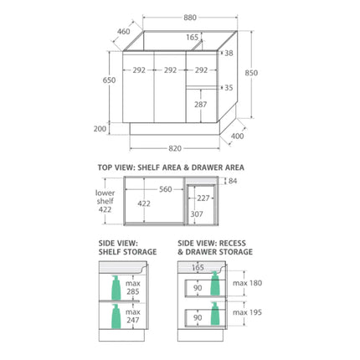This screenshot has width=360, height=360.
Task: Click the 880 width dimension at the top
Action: coord(190,18)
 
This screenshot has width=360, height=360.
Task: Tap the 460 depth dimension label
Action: coord(124,32)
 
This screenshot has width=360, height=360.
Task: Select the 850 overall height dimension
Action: coord(251,73)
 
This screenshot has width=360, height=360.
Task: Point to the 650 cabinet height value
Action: coord(109,80)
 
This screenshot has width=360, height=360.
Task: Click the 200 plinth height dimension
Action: coord(100,129)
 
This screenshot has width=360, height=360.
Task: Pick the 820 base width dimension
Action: coord(175,148)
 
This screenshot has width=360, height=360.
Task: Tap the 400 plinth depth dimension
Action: coord(238,136)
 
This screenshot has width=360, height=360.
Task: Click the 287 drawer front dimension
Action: coord(201,105)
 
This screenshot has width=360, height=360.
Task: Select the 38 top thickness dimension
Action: coord(229,53)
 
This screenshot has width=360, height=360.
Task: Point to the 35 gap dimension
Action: coord(229,88)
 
